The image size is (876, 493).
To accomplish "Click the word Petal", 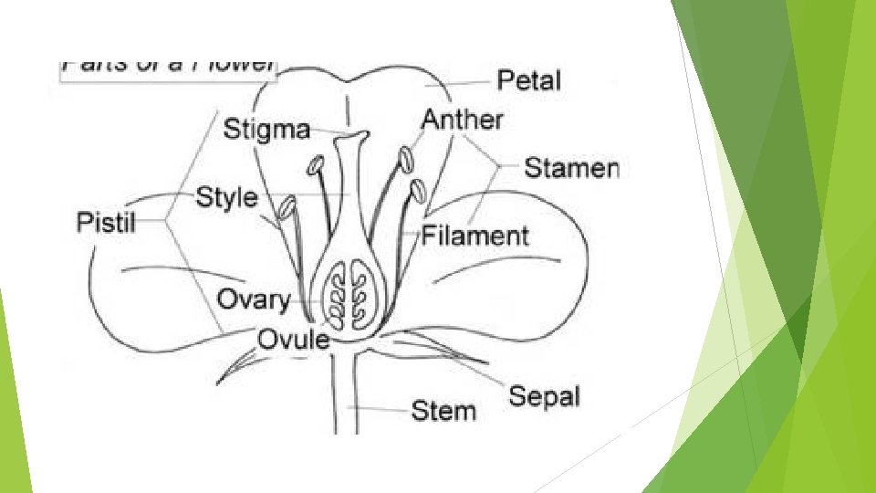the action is click(528, 80).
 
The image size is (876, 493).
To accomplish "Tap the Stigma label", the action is click(266, 129).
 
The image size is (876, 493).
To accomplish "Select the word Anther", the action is click(462, 120).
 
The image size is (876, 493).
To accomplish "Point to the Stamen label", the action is click(571, 168).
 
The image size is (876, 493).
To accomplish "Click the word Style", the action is click(227, 197).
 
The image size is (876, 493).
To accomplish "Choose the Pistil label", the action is click(105, 222).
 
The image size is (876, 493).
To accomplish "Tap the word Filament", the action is click(474, 236).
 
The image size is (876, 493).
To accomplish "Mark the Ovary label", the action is click(253, 299).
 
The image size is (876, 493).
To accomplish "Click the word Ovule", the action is click(293, 340).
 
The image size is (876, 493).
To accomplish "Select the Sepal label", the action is click(544, 396).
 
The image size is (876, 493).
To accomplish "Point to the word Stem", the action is click(443, 410).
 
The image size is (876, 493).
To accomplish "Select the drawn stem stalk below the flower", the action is click(344, 393).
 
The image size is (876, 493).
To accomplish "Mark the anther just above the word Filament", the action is click(418, 192).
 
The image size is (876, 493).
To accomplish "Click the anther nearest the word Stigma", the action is click(316, 166).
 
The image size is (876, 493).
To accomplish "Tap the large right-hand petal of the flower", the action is click(511, 265).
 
